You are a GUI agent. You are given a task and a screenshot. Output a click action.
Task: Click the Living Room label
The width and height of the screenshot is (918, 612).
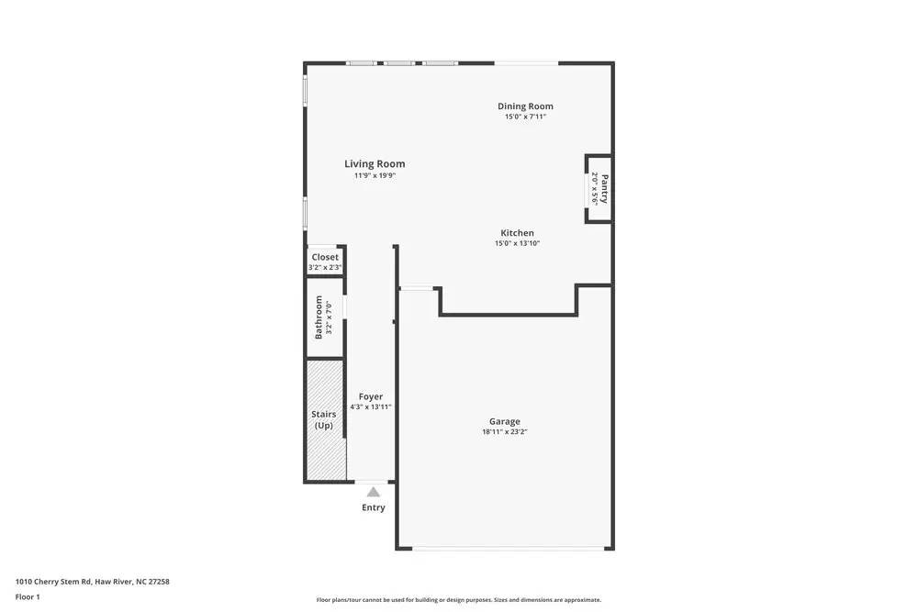click(375, 164)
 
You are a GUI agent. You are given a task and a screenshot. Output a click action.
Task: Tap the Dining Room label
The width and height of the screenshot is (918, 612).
click(525, 106)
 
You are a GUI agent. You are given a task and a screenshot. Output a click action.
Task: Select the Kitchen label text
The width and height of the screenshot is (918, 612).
click(517, 233)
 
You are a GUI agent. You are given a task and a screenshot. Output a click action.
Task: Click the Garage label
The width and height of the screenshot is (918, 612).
click(504, 422)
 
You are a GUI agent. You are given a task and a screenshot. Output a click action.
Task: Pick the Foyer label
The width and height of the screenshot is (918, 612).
click(371, 397)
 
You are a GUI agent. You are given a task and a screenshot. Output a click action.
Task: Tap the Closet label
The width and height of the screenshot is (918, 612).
click(325, 257)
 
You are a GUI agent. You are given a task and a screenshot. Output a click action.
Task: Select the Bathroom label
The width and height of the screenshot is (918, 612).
click(319, 317)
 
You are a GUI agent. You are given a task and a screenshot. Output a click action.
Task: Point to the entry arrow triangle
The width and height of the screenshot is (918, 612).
click(374, 492)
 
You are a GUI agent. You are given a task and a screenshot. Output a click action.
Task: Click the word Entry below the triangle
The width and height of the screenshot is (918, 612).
click(374, 507)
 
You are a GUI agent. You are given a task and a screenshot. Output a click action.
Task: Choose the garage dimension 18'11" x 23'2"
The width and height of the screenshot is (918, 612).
click(504, 432)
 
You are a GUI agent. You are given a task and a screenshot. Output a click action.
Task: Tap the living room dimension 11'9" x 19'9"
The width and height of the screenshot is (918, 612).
click(375, 175)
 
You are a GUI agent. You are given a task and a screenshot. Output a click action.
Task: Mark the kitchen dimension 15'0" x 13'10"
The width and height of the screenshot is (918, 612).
click(517, 243)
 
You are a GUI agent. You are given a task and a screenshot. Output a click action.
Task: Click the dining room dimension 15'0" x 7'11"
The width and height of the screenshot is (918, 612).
click(525, 117)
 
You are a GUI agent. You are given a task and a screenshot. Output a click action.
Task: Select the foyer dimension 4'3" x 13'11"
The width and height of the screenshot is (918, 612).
click(371, 406)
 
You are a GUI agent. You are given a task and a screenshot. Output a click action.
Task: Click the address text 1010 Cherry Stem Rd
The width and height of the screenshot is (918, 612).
click(92, 581)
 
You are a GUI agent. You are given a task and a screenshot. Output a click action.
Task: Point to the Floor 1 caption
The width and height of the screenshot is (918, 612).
click(28, 596)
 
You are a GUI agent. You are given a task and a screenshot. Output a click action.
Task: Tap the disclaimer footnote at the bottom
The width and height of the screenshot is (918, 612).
click(459, 600)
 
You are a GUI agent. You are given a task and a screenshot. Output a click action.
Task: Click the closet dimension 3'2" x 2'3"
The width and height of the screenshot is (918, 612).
click(325, 267)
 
